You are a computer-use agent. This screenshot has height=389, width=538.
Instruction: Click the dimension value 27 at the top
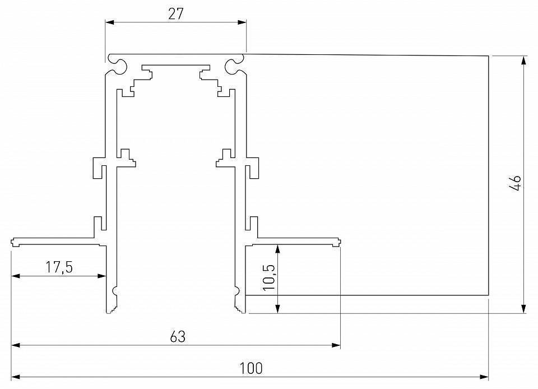pyautogui.click(x=176, y=14)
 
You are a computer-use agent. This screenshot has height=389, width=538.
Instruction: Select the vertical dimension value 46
pyautogui.click(x=516, y=183)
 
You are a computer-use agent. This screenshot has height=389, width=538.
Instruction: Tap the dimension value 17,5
pyautogui.click(x=59, y=267)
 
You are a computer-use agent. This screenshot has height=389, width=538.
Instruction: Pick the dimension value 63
pyautogui.click(x=177, y=337)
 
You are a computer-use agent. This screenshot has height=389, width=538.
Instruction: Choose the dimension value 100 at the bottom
pyautogui.click(x=251, y=368)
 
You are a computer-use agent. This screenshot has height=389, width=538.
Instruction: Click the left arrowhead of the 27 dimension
pyautogui.click(x=109, y=22)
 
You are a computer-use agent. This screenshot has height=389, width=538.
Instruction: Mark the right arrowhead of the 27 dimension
pyautogui.click(x=242, y=22)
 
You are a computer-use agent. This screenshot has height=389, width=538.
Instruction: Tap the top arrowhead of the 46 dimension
pyautogui.click(x=524, y=59)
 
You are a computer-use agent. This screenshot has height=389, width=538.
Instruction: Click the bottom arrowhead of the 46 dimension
pyautogui.click(x=524, y=309)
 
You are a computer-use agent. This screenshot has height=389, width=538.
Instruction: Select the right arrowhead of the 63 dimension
pyautogui.click(x=336, y=345)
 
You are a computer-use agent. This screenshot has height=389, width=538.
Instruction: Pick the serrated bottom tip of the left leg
pyautogui.click(x=111, y=307)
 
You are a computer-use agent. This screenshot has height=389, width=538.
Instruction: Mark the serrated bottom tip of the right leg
pyautogui.click(x=240, y=307)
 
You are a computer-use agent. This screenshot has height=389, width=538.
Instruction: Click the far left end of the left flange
pyautogui.click(x=12, y=242)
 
